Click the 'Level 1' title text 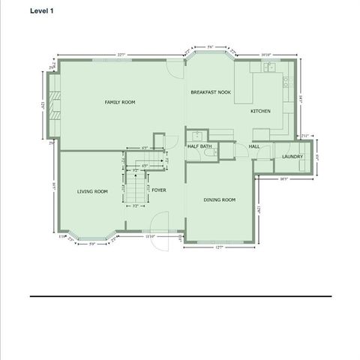pyautogui.click(x=42, y=11)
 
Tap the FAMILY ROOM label pyautogui.click(x=119, y=101)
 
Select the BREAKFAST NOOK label pyautogui.click(x=210, y=91)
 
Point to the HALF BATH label pyautogui.click(x=199, y=146)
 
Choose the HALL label pyautogui.click(x=254, y=146)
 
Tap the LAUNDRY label pyautogui.click(x=292, y=156)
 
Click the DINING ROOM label pyautogui.click(x=220, y=199)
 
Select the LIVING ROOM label pyautogui.click(x=92, y=191)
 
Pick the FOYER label pyautogui.click(x=158, y=190)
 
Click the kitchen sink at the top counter pyautogui.click(x=268, y=67)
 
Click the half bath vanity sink pyautogui.click(x=196, y=136)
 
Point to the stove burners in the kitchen pyautogui.click(x=286, y=82)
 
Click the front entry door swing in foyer pyautogui.click(x=158, y=221)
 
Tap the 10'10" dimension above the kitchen pyautogui.click(x=265, y=55)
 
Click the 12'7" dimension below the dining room pyautogui.click(x=219, y=247)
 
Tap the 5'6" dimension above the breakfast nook pyautogui.click(x=211, y=47)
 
